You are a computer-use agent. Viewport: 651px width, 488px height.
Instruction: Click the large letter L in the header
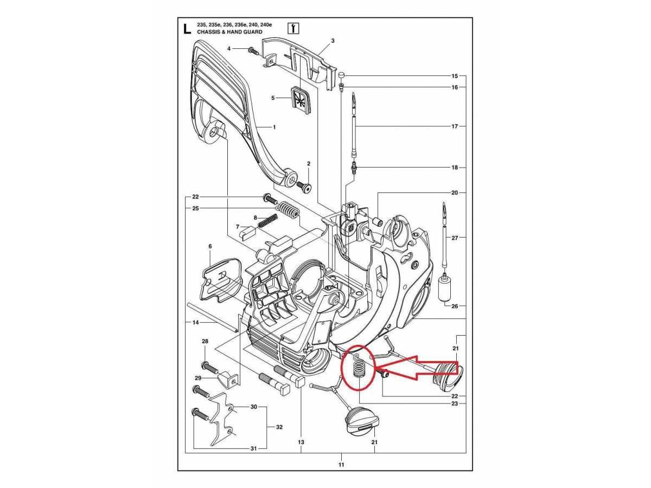(187, 28)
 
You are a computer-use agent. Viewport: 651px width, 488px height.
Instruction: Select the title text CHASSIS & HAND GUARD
(229, 32)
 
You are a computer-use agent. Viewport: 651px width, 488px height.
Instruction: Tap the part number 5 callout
(273, 98)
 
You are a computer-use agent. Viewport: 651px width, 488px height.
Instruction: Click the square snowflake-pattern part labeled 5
(299, 99)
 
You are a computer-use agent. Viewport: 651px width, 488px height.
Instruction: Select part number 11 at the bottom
(341, 464)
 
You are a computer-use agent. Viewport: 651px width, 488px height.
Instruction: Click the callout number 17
(455, 126)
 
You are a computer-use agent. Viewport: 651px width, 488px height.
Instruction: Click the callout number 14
(196, 323)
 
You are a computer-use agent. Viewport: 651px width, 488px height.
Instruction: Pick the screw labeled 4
(253, 50)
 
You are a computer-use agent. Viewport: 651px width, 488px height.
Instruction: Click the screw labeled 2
(305, 187)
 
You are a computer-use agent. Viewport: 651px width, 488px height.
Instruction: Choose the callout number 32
(279, 427)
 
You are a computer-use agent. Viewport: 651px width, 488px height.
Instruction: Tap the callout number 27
(455, 238)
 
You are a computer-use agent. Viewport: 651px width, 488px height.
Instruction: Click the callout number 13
(301, 442)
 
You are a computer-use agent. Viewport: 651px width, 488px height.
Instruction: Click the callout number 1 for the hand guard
(274, 127)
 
